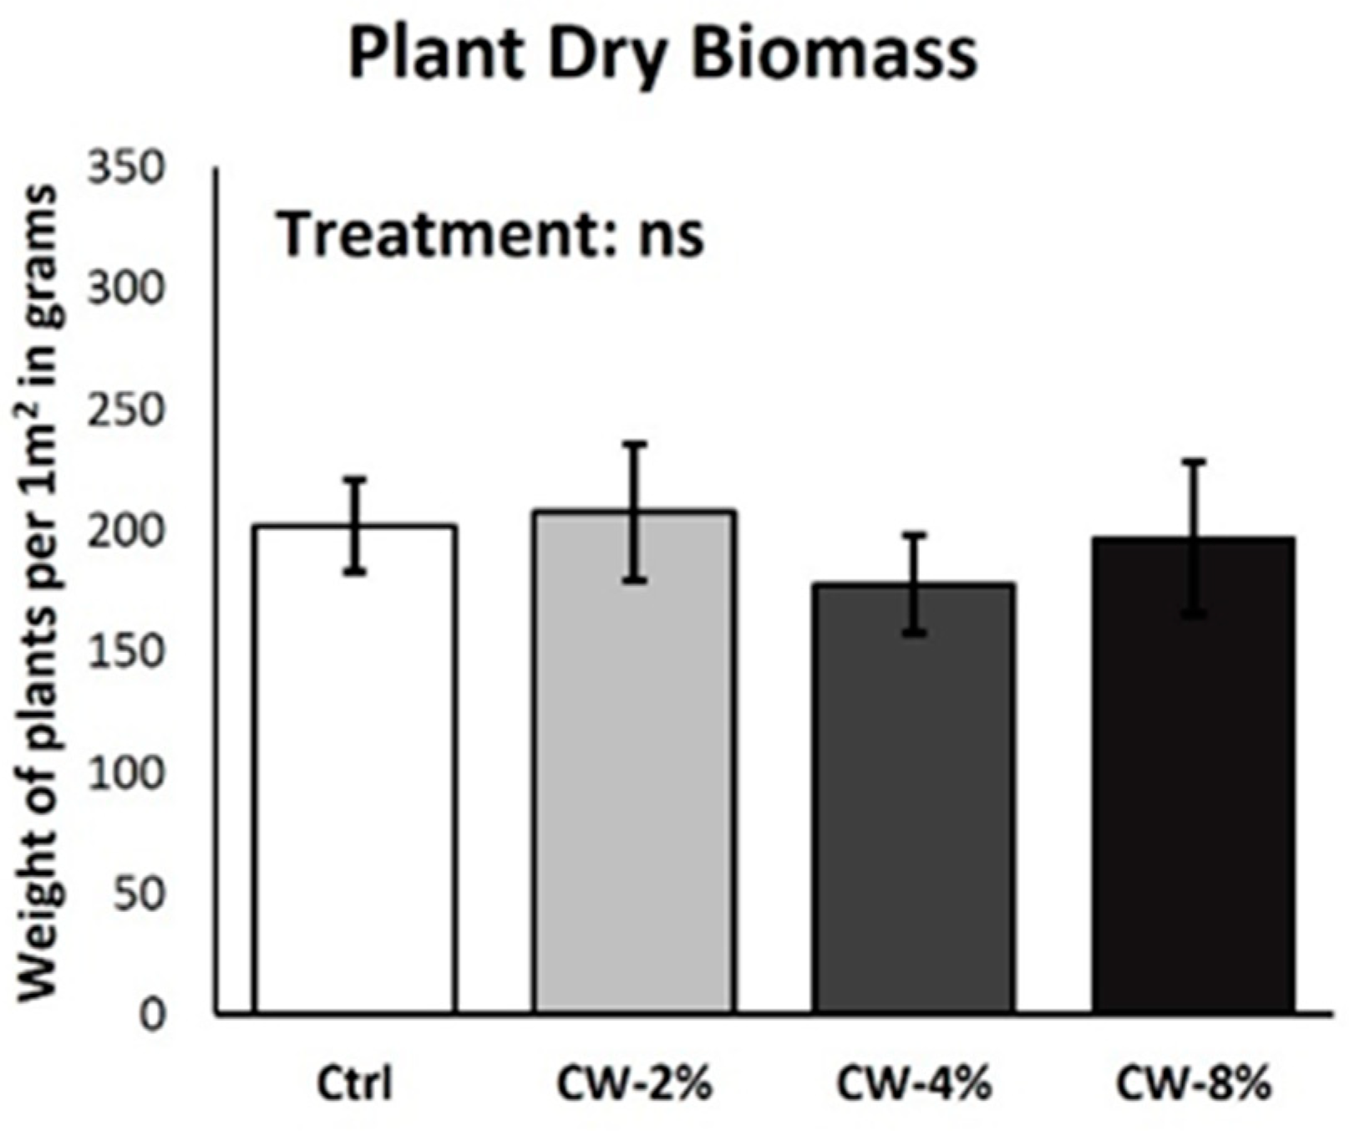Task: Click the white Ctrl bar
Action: click(x=355, y=769)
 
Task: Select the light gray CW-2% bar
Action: click(x=635, y=761)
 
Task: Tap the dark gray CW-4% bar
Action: click(x=916, y=798)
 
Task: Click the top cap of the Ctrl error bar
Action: click(x=356, y=479)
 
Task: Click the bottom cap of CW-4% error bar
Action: click(x=916, y=634)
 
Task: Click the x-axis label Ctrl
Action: click(x=354, y=1085)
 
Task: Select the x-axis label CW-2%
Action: click(x=634, y=1085)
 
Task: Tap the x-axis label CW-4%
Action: click(x=915, y=1085)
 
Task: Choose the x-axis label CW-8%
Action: click(x=1195, y=1085)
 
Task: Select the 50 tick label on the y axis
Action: click(x=139, y=894)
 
